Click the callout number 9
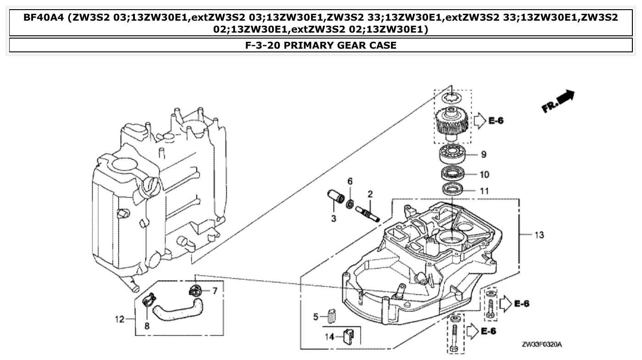click(x=484, y=155)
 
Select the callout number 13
click(x=539, y=235)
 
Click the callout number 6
click(x=350, y=181)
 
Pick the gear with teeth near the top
click(x=452, y=121)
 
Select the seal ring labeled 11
click(x=452, y=189)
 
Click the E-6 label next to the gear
click(x=495, y=121)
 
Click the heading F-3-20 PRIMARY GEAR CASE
click(x=321, y=45)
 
